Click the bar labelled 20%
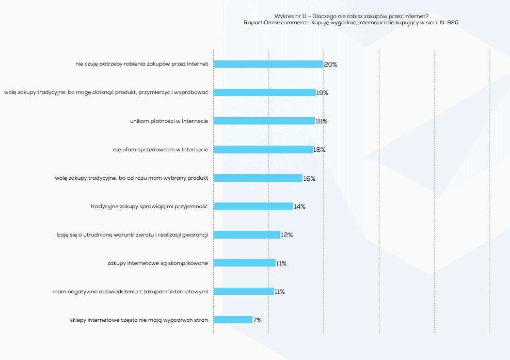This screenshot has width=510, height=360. [268, 65]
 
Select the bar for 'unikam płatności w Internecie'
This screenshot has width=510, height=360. [264, 121]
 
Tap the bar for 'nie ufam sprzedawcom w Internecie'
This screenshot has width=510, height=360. [263, 149]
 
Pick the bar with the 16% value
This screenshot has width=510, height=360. [258, 178]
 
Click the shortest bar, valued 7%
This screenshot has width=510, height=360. [233, 320]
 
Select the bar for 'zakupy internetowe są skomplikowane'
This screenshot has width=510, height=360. [244, 263]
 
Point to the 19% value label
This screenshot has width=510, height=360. [322, 93]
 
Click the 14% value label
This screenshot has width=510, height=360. [299, 207]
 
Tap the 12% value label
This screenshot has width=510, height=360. [286, 235]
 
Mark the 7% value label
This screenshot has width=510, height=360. [257, 320]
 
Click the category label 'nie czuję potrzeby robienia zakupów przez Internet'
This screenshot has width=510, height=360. [141, 65]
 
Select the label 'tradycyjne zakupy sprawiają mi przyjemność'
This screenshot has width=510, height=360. [149, 207]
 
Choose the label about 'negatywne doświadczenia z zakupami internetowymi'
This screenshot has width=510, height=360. [130, 292]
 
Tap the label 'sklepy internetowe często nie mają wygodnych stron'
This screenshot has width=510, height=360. [139, 320]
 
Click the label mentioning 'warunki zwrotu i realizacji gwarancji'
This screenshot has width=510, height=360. [132, 235]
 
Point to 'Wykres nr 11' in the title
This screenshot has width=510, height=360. [291, 16]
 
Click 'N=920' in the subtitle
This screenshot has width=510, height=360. [449, 23]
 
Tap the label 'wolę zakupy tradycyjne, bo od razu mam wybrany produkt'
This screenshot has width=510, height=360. [131, 178]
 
